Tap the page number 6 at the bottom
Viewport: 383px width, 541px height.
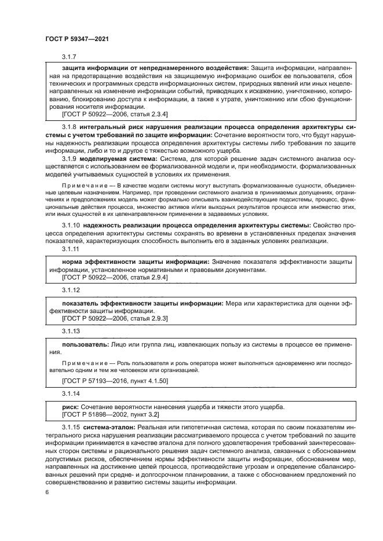(47, 492)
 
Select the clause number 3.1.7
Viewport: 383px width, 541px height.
(69, 57)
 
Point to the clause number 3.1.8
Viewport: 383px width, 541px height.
(69, 126)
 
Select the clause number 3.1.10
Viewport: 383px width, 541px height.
(71, 225)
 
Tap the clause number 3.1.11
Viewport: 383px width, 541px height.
(71, 249)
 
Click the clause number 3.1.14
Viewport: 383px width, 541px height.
(71, 393)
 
